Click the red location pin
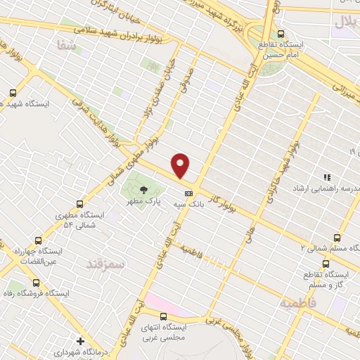(181, 165)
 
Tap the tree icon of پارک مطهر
(143, 190)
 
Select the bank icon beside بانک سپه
(188, 193)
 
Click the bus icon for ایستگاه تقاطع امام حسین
(282, 33)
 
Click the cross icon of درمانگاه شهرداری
(82, 341)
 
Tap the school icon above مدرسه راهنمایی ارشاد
(326, 177)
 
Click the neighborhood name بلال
(346, 21)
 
